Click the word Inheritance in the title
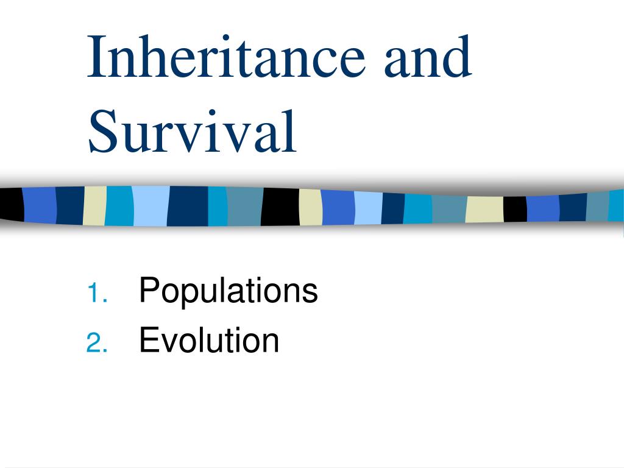coord(226,56)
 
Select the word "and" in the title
coord(428,56)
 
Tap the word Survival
coord(193,132)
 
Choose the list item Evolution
coord(209,339)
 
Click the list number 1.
coord(97,293)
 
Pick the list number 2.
coord(97,342)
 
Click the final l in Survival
coord(291,130)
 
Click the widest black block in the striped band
coord(280,207)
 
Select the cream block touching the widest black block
coord(311,207)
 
